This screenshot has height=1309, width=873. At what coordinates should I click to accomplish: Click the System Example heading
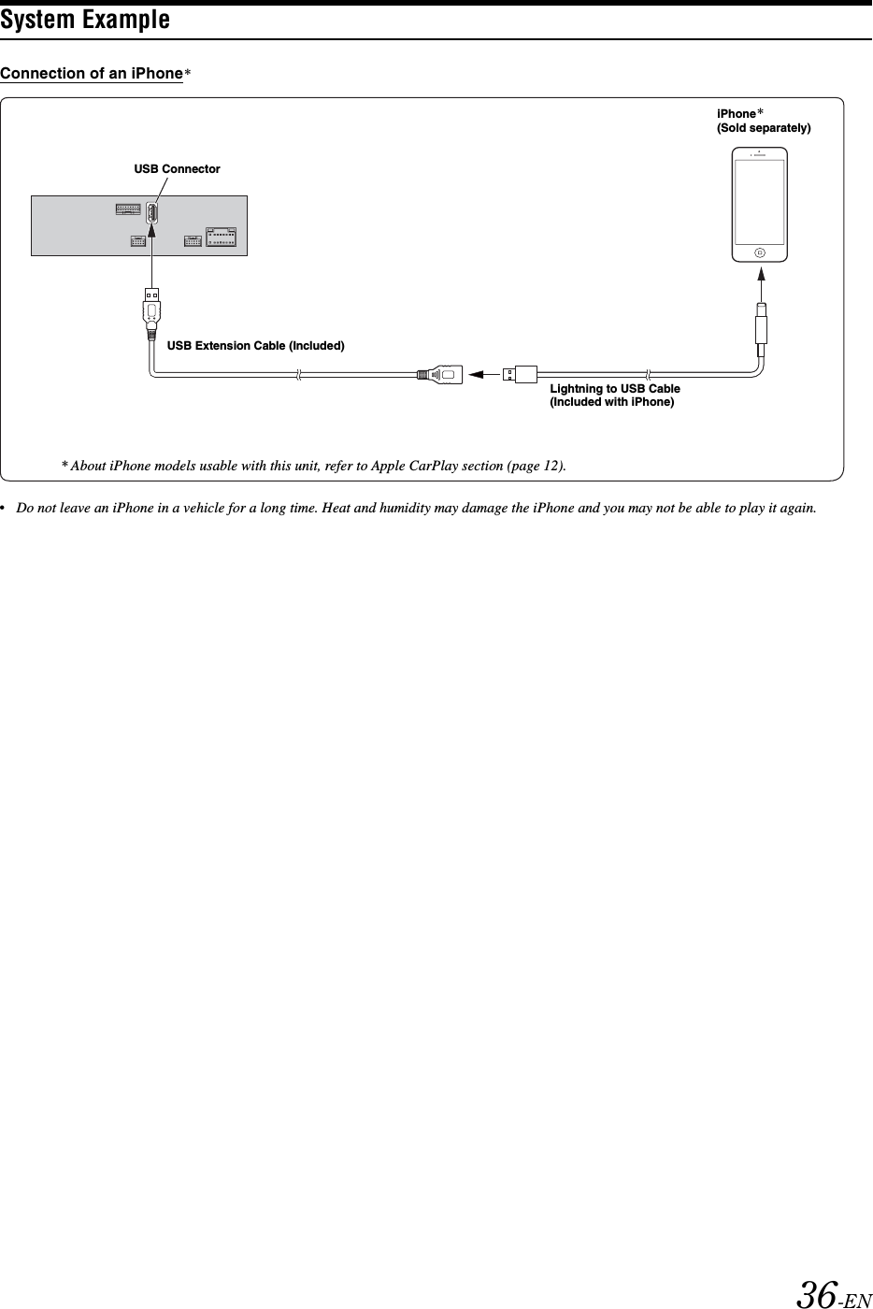[x=85, y=20]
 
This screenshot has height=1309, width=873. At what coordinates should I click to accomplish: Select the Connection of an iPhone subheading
[x=92, y=74]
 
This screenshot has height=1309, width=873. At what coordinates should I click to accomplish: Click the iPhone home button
[x=759, y=252]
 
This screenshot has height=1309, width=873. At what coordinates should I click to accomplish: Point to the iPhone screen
[x=759, y=202]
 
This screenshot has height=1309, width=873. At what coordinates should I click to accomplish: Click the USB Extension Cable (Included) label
[x=255, y=346]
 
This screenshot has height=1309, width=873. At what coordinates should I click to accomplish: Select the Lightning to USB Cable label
[x=614, y=389]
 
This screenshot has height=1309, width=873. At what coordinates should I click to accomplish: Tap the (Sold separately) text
[x=764, y=128]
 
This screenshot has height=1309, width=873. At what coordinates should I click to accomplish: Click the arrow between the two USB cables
[x=483, y=375]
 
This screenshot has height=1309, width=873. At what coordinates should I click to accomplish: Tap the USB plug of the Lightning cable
[x=519, y=375]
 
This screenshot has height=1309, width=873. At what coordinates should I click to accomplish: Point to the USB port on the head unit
[x=151, y=212]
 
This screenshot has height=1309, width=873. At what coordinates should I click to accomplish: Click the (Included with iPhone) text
[x=612, y=403]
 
